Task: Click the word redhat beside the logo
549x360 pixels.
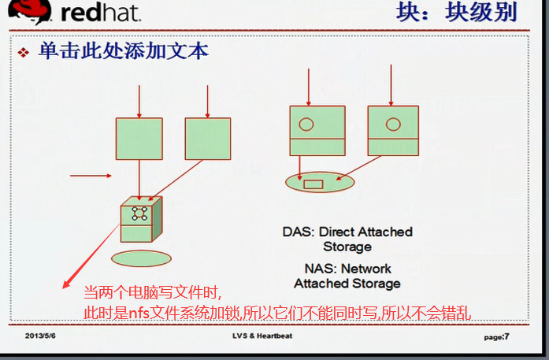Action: pyautogui.click(x=97, y=13)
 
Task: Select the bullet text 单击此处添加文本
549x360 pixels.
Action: pyautogui.click(x=124, y=51)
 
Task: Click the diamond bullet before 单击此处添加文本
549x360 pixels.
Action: pyautogui.click(x=24, y=53)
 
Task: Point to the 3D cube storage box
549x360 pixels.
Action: pyautogui.click(x=139, y=220)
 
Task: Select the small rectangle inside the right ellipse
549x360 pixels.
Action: pyautogui.click(x=313, y=184)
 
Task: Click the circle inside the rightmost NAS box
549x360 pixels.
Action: pyautogui.click(x=391, y=124)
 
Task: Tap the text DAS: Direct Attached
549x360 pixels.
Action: pyautogui.click(x=347, y=232)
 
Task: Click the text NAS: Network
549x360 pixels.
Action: pyautogui.click(x=347, y=269)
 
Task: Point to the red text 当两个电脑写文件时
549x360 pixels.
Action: pyautogui.click(x=154, y=292)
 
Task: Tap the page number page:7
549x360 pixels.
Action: pyautogui.click(x=495, y=336)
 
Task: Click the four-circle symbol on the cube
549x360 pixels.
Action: pyautogui.click(x=139, y=213)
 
